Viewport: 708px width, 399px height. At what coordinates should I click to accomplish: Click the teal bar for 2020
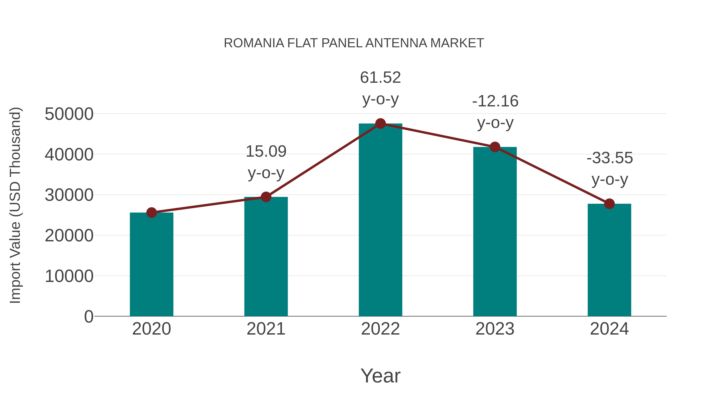pyautogui.click(x=151, y=264)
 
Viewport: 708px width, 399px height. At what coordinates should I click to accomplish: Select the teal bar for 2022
pyautogui.click(x=380, y=220)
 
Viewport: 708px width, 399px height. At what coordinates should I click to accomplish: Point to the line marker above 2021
pyautogui.click(x=266, y=197)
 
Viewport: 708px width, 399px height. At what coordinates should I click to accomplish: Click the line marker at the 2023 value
pyautogui.click(x=495, y=147)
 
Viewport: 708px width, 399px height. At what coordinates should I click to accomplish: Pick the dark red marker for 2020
pyautogui.click(x=151, y=213)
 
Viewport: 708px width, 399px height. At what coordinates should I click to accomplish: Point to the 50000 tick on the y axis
pyautogui.click(x=69, y=114)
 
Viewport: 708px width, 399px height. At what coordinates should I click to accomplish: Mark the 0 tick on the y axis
pyautogui.click(x=88, y=316)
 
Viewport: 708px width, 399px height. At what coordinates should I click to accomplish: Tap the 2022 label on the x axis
pyautogui.click(x=380, y=329)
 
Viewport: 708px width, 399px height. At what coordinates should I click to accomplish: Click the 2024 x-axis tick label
pyautogui.click(x=609, y=329)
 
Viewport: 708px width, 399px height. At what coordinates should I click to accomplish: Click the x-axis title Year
pyautogui.click(x=380, y=376)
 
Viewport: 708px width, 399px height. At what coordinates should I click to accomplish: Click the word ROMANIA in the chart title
pyautogui.click(x=254, y=43)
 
